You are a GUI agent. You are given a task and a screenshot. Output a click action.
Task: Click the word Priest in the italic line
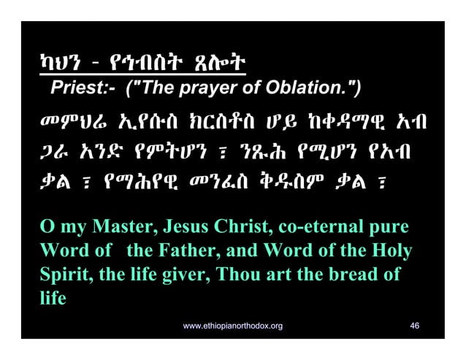click(x=76, y=89)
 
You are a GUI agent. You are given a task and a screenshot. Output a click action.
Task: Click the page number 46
click(x=415, y=323)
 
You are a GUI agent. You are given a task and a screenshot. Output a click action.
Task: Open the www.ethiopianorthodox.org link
click(x=233, y=323)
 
